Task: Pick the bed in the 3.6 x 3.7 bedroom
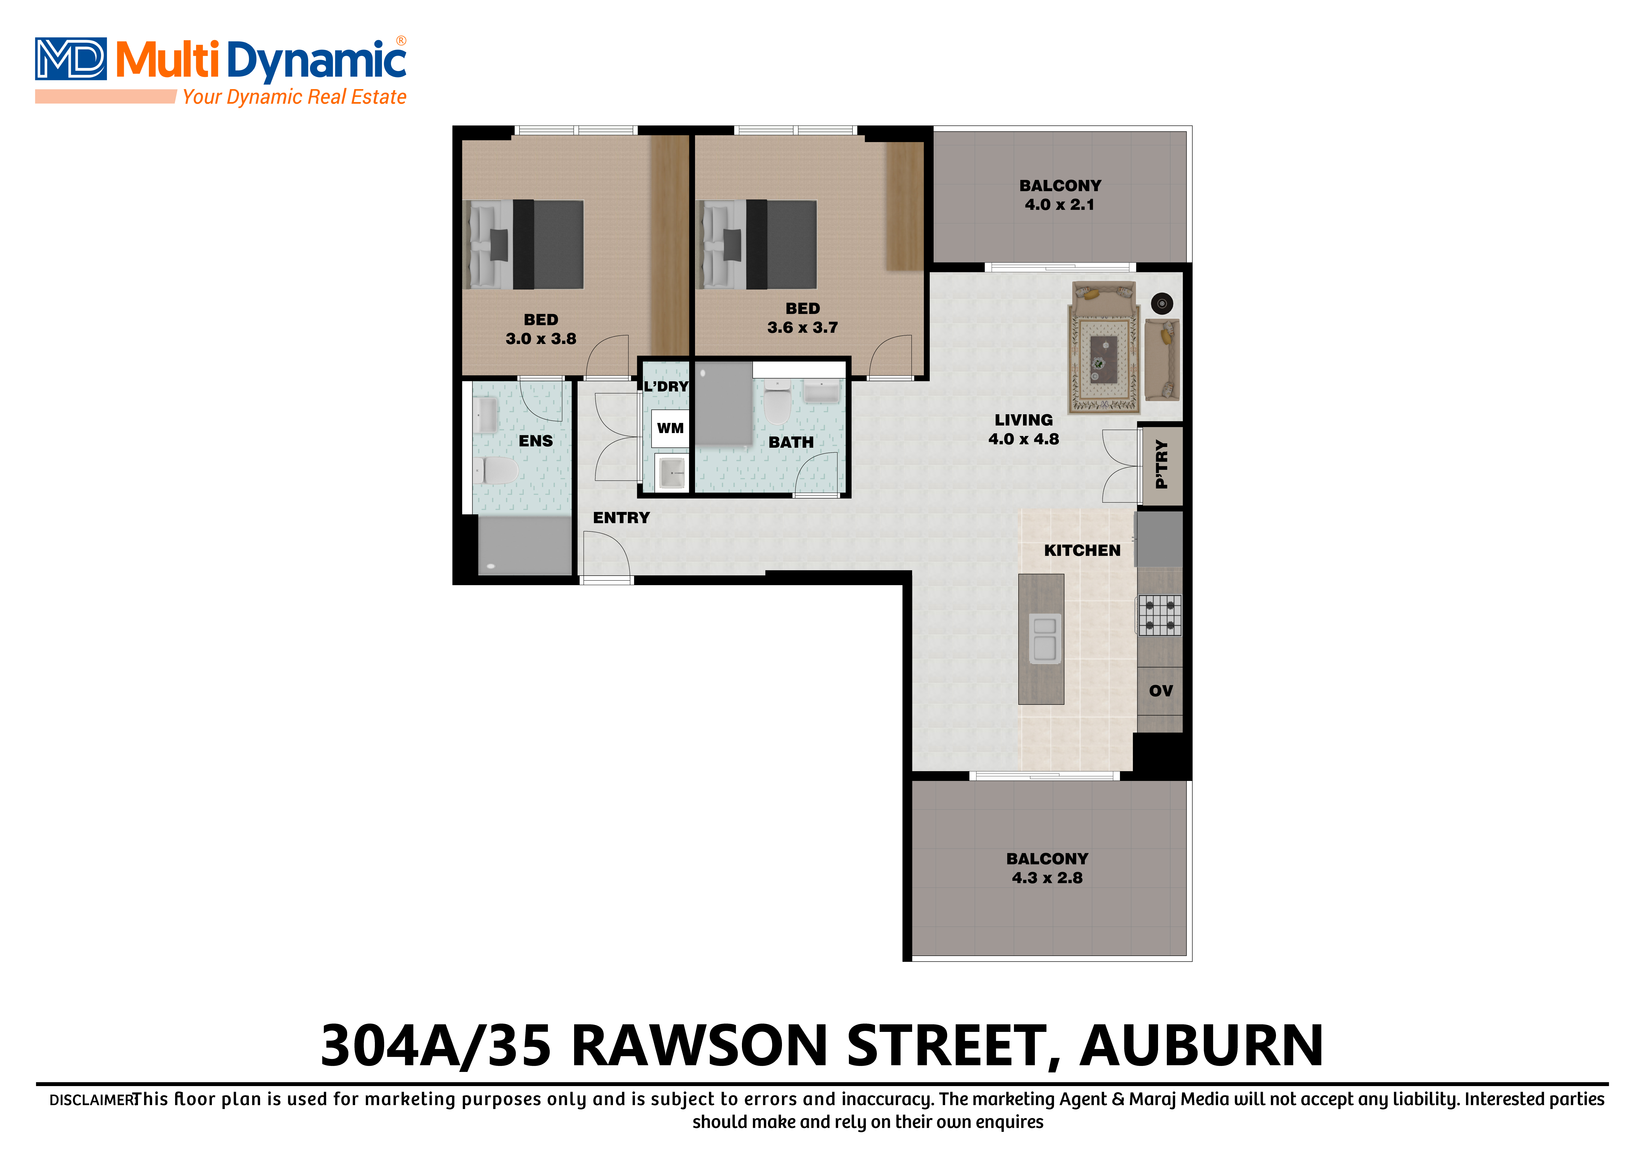click(x=759, y=244)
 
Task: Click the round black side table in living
click(x=1161, y=304)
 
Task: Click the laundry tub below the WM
click(x=671, y=473)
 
